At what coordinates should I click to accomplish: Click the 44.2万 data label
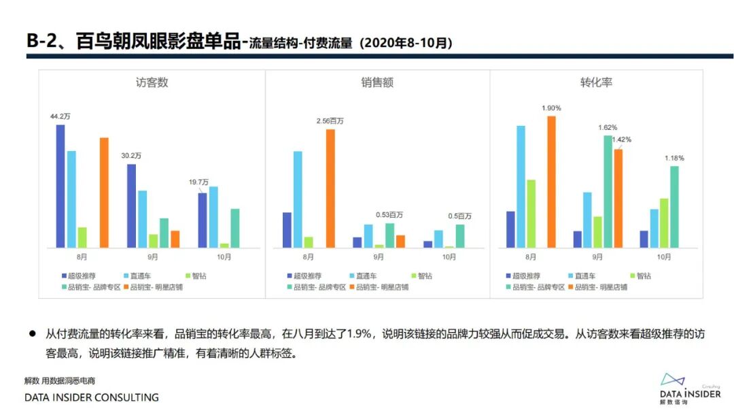(x=60, y=117)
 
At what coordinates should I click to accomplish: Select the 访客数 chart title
(x=152, y=83)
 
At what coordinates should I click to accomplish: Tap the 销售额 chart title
(x=377, y=83)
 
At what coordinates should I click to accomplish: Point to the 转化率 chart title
(x=596, y=82)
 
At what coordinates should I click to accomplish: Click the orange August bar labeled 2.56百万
(x=330, y=188)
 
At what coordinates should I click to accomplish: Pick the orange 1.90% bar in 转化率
(x=551, y=182)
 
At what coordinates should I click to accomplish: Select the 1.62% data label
(x=608, y=127)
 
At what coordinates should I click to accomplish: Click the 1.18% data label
(x=674, y=158)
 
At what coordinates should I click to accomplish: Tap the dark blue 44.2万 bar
(x=60, y=186)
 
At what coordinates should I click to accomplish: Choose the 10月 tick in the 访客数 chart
(x=224, y=257)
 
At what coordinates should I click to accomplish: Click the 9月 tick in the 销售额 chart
(x=379, y=257)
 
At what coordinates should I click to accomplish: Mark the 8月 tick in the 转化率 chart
(x=531, y=257)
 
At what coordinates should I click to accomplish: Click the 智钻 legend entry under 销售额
(x=421, y=276)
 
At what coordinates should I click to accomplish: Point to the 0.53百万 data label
(x=389, y=215)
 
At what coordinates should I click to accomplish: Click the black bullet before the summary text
(x=31, y=334)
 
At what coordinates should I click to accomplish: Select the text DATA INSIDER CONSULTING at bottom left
(x=92, y=397)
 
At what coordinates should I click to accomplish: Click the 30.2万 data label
(x=131, y=156)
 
